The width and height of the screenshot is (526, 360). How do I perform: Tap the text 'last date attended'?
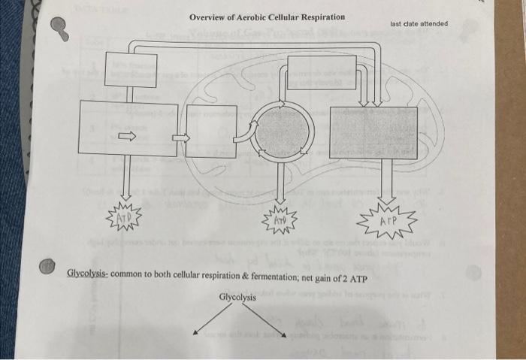pyautogui.click(x=419, y=23)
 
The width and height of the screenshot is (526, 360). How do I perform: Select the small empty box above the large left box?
pyautogui.click(x=131, y=69)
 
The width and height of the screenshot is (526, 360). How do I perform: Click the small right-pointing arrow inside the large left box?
pyautogui.click(x=126, y=136)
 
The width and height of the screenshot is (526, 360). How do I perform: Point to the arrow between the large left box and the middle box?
pyautogui.click(x=181, y=138)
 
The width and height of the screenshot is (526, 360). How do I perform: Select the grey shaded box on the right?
pyautogui.click(x=373, y=132)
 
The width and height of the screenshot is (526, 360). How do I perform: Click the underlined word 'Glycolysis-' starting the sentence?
pyautogui.click(x=88, y=273)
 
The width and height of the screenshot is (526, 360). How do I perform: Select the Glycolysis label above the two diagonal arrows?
pyautogui.click(x=237, y=297)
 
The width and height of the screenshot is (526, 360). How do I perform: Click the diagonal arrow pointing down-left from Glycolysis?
pyautogui.click(x=210, y=320)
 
